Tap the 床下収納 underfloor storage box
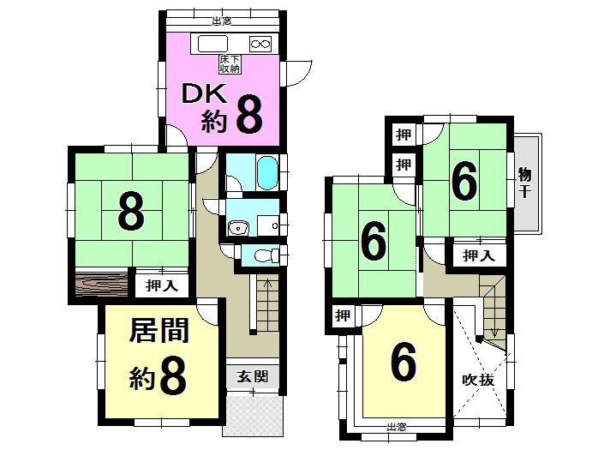coord(230,63)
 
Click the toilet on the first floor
coord(266,255)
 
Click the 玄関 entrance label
coord(253,375)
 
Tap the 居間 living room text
coord(159,331)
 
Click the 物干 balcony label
coord(524,181)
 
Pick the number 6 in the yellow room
coord(404,363)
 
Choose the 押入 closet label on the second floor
coord(478,255)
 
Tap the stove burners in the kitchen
coord(260,43)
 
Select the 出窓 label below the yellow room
coord(395,427)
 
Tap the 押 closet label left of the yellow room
coord(343,316)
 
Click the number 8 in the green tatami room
coord(130,213)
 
